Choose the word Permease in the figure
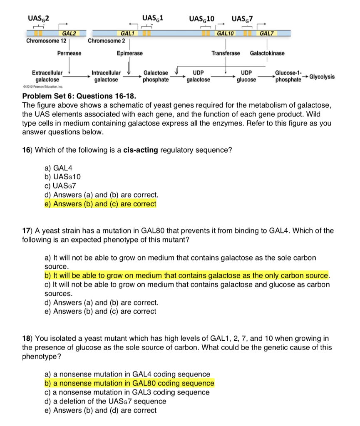tap(70, 53)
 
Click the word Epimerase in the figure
tap(129, 53)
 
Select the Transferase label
tap(226, 53)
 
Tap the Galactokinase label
tap(267, 53)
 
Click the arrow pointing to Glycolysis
tap(306, 77)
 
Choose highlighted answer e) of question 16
tap(100, 204)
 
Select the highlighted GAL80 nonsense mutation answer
tap(129, 383)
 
